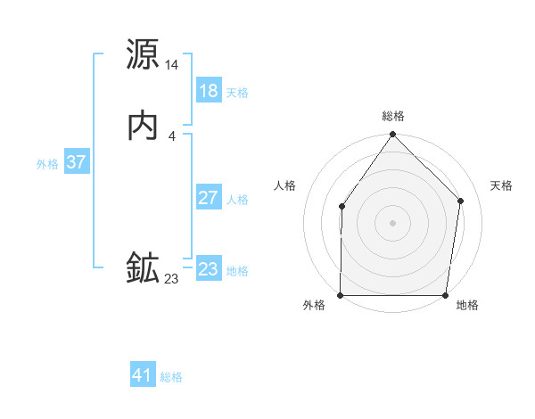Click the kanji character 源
pos(144,55)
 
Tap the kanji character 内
pos(144,125)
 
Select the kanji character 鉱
pos(144,268)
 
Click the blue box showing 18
pos(209,91)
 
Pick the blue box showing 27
pos(209,198)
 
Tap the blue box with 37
pos(77,162)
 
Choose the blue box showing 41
pos(143,375)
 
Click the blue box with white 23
pos(209,269)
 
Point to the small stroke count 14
pos(172,65)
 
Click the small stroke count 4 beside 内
pos(172,136)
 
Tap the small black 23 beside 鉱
pos(172,279)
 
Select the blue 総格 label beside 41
pos(171,377)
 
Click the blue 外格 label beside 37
pos(47,164)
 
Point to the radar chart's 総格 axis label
pos(393,116)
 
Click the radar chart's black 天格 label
pos(501,185)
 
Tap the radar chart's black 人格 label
pos(285,185)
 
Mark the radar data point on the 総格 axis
pos(393,135)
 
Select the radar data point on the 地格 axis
pos(446,295)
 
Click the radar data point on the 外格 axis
pos(341,295)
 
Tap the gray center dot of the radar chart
pos(393,223)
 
